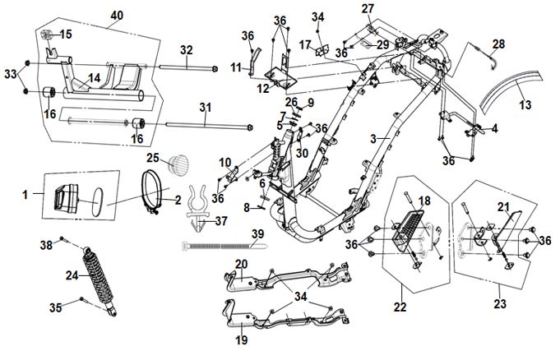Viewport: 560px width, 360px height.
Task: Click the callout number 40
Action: (x=117, y=16)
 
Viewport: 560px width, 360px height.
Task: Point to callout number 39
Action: (x=257, y=235)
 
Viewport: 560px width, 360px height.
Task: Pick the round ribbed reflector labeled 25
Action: (x=178, y=164)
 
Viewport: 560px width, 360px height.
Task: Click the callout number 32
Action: (x=187, y=49)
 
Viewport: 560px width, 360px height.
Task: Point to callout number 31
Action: (x=206, y=107)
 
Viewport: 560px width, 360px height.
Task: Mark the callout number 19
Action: (x=242, y=339)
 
